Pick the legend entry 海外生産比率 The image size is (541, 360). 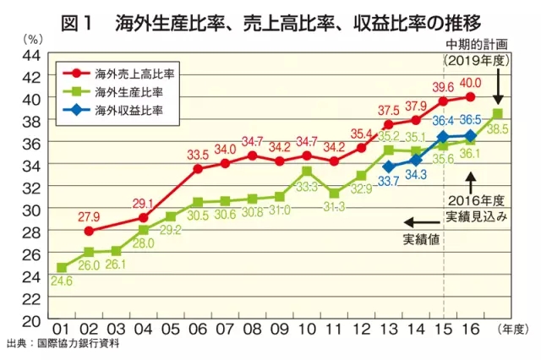128,92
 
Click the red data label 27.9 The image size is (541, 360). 89,217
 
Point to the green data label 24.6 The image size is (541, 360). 61,282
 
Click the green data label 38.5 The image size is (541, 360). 498,129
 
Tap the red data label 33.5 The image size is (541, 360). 198,155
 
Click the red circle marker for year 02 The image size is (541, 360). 89,231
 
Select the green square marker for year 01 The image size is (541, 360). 61,268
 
